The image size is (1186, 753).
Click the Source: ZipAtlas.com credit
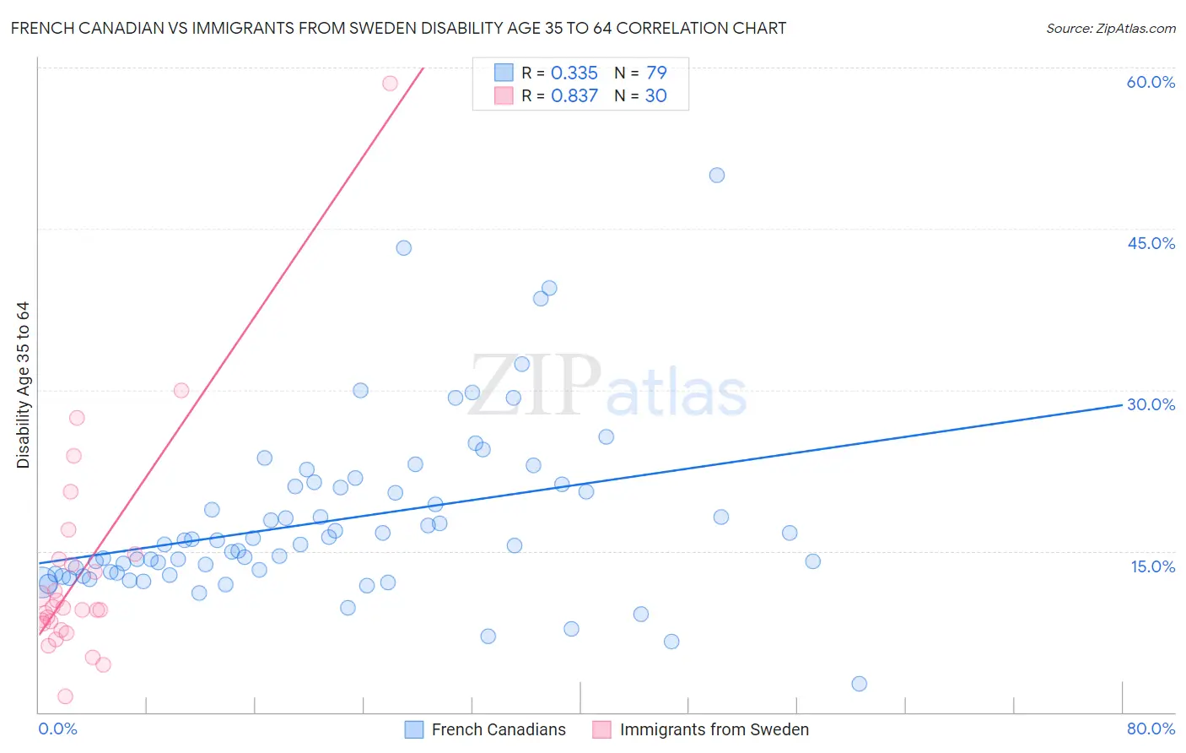(x=1110, y=28)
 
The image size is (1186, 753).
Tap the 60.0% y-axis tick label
(x=1151, y=82)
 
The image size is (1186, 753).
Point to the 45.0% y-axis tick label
(x=1151, y=243)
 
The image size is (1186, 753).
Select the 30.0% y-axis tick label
(x=1151, y=404)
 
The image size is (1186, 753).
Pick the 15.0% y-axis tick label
(x=1152, y=566)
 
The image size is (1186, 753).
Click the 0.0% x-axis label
(x=57, y=729)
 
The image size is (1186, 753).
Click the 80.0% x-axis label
(x=1151, y=729)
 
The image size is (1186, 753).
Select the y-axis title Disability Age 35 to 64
(x=23, y=385)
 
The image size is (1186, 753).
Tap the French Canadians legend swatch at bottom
(x=414, y=729)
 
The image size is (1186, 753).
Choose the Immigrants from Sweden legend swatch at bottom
(x=601, y=729)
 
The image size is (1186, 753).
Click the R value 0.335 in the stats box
(x=574, y=73)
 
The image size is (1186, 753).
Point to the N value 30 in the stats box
(x=655, y=95)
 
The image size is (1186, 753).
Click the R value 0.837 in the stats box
(x=574, y=95)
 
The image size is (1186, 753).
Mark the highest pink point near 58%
(x=390, y=83)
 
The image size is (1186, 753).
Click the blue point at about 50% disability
(x=717, y=176)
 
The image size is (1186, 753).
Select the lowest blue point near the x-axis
(x=859, y=684)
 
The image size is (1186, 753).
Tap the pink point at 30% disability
(x=181, y=390)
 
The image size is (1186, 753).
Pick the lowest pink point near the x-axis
(x=65, y=696)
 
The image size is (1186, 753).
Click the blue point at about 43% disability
(x=404, y=248)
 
